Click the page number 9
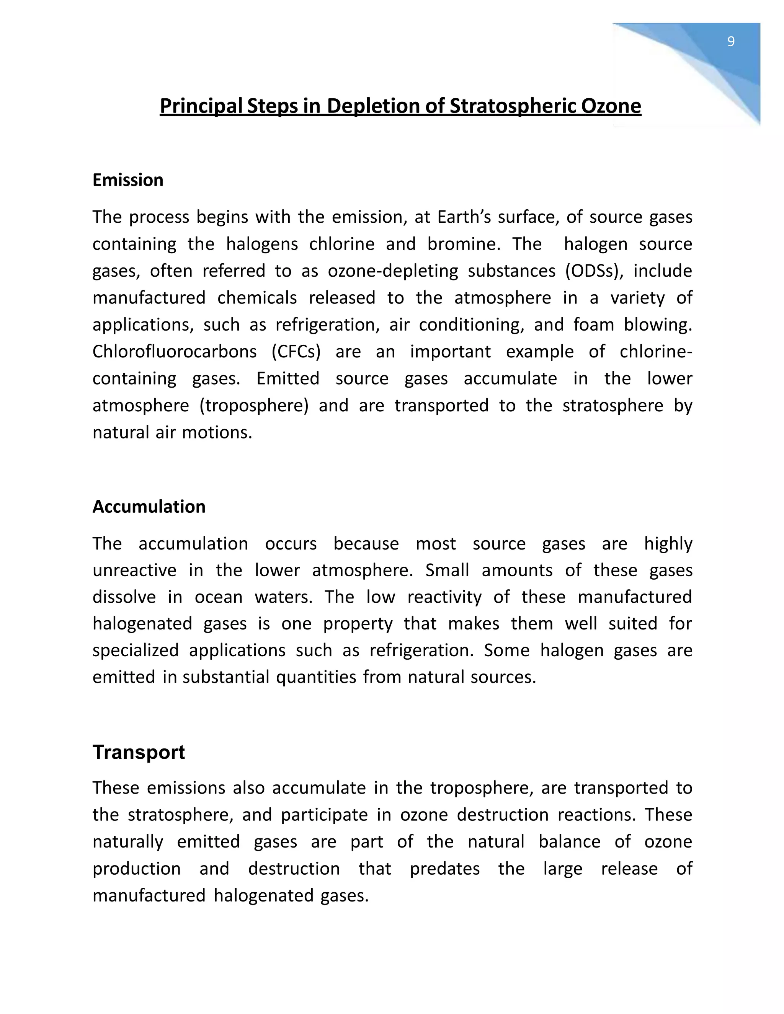click(x=730, y=42)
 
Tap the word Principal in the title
click(x=201, y=106)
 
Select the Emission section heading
click(x=128, y=180)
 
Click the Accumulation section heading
click(x=149, y=507)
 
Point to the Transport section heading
click(x=139, y=752)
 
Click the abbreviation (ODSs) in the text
click(x=594, y=271)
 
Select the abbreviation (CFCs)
click(x=296, y=352)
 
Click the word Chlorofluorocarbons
click(x=174, y=352)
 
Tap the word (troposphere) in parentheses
click(x=254, y=405)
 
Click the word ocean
click(x=218, y=597)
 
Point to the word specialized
click(x=135, y=650)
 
